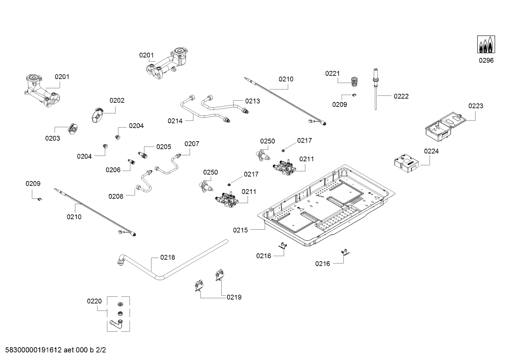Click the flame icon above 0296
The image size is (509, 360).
486,45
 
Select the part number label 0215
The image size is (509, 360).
240,230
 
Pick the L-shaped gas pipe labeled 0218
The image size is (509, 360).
169,261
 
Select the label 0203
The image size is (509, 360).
52,138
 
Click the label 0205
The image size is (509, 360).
164,147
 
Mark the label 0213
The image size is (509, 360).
252,101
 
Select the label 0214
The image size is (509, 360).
175,121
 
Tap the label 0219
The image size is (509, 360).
234,297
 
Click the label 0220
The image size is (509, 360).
94,301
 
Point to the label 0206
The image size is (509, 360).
113,170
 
